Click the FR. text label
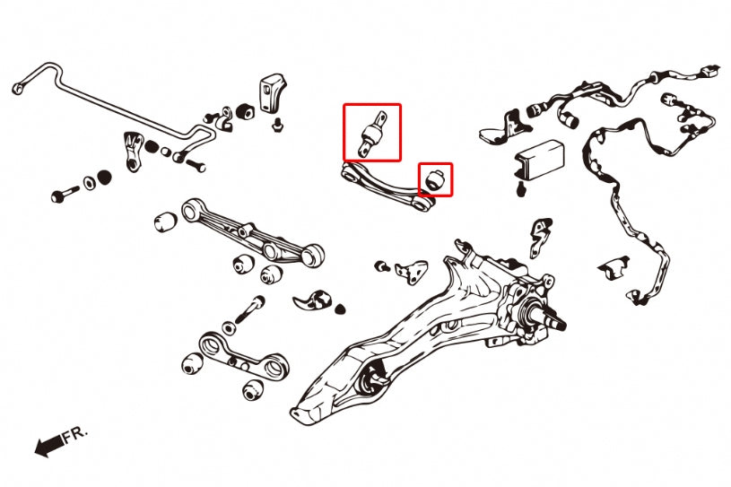pos(74,435)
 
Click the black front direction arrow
pos(49,445)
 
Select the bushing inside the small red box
pos(436,179)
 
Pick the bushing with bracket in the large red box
pos(372,134)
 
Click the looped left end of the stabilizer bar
pos(18,88)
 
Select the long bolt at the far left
pos(65,194)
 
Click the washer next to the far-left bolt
pos(89,183)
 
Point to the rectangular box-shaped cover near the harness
pos(539,159)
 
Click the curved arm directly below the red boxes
pos(387,187)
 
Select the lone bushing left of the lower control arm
pos(166,222)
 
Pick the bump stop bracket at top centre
pos(272,92)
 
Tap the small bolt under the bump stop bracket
pos(278,125)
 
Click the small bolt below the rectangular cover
pos(522,189)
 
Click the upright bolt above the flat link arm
pos(250,309)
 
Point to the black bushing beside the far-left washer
pos(104,177)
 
